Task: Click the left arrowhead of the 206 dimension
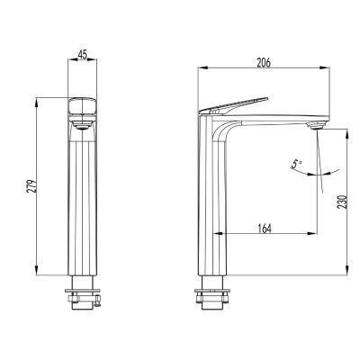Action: pyautogui.click(x=199, y=70)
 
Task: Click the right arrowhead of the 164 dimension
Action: pyautogui.click(x=318, y=237)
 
